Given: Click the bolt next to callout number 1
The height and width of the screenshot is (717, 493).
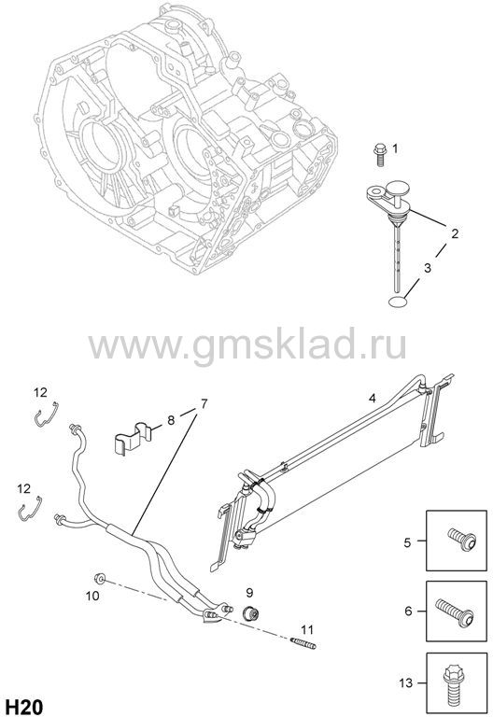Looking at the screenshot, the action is [x=380, y=154].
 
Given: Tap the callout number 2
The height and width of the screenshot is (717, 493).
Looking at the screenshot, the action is [x=455, y=233].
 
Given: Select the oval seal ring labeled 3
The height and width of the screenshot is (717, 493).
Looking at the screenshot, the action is [x=398, y=302].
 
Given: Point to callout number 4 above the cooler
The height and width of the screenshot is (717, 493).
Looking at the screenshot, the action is [x=373, y=399].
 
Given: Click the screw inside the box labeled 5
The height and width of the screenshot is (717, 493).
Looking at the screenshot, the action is [x=462, y=540].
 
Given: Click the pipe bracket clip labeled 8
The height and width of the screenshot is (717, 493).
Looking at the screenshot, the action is [x=133, y=439].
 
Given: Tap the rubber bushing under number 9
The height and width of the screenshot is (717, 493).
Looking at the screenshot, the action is [x=250, y=612].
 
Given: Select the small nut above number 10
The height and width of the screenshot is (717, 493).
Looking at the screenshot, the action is [x=99, y=579].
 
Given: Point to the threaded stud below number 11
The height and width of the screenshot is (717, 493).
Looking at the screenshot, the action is [x=303, y=642].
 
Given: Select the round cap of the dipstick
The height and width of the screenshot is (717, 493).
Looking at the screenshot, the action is [x=399, y=187].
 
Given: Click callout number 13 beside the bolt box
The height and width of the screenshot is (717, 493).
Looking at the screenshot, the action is [x=405, y=683].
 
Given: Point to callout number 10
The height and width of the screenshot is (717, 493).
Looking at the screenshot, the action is [x=92, y=596].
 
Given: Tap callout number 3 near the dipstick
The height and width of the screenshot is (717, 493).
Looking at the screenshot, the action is [x=427, y=268].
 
